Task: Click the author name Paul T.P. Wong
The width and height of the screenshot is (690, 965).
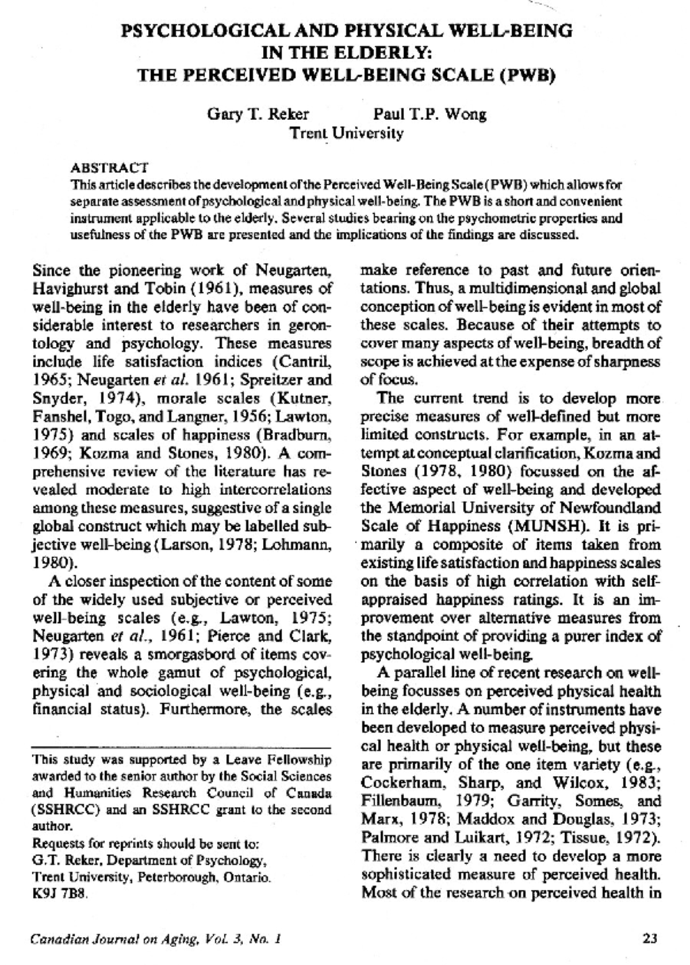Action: click(x=430, y=114)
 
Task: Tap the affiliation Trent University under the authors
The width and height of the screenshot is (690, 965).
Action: click(x=346, y=133)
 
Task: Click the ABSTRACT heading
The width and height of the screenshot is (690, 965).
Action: click(x=109, y=168)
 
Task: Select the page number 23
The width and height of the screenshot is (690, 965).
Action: click(x=649, y=939)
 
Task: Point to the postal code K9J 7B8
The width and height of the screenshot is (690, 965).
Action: click(x=60, y=894)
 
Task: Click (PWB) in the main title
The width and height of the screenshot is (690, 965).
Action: click(x=530, y=75)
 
